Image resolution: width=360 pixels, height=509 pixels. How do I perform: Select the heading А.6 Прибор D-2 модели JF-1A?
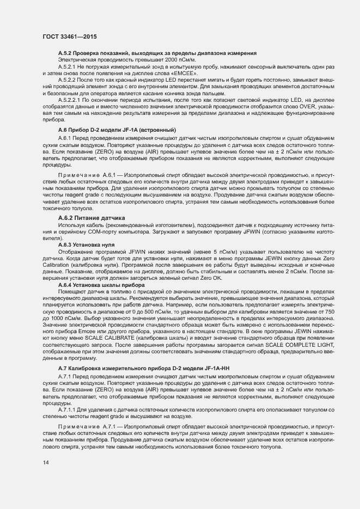pyautogui.click(x=117, y=130)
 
